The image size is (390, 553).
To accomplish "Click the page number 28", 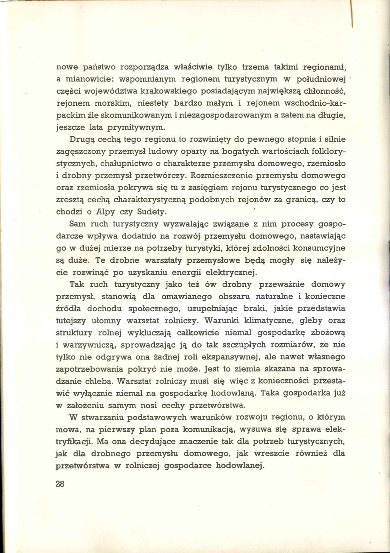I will click(61, 483).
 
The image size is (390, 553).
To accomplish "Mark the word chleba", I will click(97, 381).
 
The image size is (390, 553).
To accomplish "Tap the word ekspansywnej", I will click(225, 357).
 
